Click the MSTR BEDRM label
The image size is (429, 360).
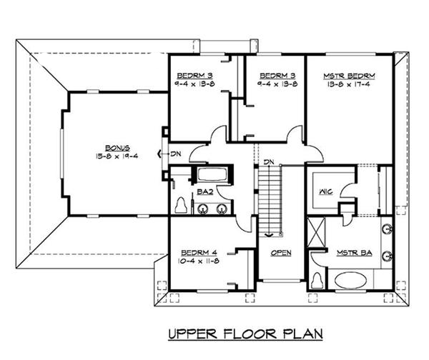point(350,75)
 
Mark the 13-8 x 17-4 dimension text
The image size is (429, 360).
point(350,84)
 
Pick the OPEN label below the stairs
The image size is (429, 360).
point(280,253)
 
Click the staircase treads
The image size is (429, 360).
point(270,200)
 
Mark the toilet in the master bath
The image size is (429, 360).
point(317,280)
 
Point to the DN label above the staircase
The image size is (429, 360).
point(269,162)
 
